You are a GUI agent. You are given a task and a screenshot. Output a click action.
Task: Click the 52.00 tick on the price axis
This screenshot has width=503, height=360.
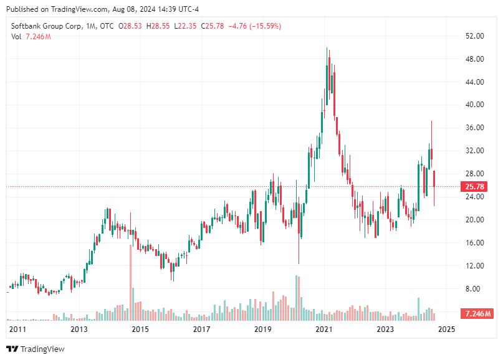click(475, 36)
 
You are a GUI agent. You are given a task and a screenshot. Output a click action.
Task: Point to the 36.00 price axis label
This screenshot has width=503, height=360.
click(475, 128)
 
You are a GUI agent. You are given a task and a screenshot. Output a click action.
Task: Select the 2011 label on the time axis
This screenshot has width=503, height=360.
click(17, 328)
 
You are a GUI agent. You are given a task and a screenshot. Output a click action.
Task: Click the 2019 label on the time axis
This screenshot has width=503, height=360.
click(263, 328)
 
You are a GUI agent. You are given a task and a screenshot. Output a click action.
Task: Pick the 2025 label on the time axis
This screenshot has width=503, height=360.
click(447, 328)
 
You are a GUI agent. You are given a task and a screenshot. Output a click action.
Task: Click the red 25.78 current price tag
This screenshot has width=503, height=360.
click(475, 186)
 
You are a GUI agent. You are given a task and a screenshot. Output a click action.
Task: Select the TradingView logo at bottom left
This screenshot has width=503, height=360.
click(35, 349)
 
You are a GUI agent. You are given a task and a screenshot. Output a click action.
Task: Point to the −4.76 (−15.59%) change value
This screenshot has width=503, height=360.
click(256, 26)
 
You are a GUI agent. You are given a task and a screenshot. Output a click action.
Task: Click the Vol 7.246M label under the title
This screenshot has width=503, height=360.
click(31, 37)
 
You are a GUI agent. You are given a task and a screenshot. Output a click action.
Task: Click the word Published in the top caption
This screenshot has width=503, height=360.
click(22, 9)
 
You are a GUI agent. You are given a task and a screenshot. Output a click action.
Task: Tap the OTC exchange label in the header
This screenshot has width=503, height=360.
click(108, 26)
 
